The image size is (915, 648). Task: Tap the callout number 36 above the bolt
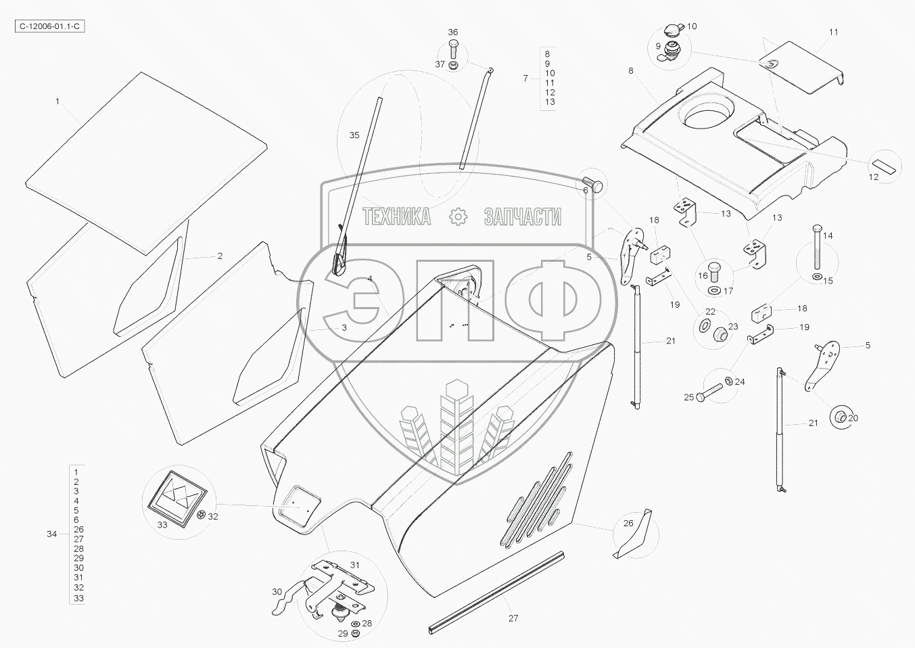453,32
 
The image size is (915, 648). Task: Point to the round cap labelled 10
673,30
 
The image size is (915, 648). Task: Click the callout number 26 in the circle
628,523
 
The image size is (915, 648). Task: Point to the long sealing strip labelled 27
497,593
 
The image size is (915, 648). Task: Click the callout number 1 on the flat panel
57,101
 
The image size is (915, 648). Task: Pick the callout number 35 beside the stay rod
354,135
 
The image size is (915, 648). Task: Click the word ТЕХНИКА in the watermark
397,216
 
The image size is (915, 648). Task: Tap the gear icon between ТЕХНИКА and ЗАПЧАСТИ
458,216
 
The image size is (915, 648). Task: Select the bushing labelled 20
839,417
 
